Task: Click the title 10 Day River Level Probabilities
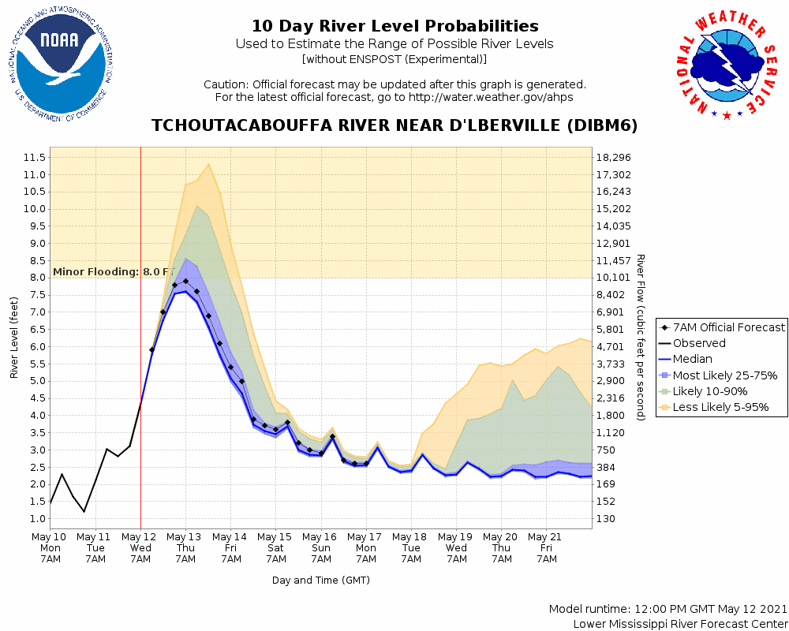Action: click(394, 26)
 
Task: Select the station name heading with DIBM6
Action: click(394, 125)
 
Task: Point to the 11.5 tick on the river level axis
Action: click(34, 157)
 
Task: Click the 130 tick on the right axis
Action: click(607, 518)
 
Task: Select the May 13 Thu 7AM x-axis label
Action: click(185, 547)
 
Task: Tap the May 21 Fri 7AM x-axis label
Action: click(547, 547)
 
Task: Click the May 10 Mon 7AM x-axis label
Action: click(50, 547)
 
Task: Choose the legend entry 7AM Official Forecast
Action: click(724, 327)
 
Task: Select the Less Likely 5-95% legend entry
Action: click(720, 408)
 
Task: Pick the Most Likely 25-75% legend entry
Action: click(724, 375)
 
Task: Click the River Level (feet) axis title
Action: click(14, 338)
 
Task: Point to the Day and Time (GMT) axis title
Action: click(321, 580)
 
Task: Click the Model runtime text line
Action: click(668, 609)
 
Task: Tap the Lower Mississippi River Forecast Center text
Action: click(680, 624)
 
